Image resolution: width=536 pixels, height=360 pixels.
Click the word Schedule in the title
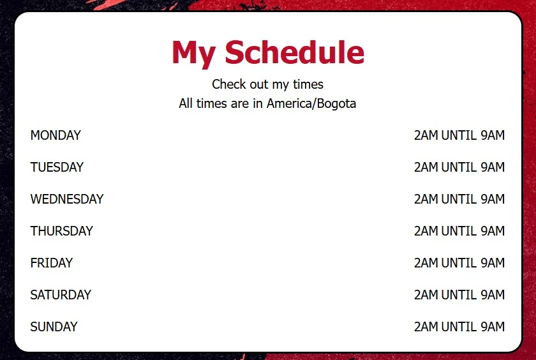pos(295,52)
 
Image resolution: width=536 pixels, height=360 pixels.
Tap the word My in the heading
pos(193,54)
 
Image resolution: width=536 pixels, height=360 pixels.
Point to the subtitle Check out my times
pos(267,84)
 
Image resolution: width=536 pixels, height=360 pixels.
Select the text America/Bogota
pos(311,103)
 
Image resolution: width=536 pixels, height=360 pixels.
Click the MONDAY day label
pos(56,135)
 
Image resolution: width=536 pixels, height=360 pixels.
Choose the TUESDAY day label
pos(57,167)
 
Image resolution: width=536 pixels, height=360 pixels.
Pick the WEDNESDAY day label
pos(67,199)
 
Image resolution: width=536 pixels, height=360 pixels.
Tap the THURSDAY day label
pos(61,231)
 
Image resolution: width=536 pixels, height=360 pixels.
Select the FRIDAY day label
pos(52,263)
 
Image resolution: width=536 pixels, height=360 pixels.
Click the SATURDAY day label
pos(61,295)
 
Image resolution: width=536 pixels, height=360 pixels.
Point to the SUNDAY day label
pos(54,327)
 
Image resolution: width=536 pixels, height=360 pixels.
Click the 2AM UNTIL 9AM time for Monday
pos(459,135)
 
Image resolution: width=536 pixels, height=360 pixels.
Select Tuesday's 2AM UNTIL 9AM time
pos(459,167)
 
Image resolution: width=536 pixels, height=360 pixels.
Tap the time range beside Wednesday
pos(459,199)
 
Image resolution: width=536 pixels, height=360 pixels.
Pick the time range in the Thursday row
pos(459,231)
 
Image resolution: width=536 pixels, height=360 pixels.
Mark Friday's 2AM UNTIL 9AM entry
pos(459,263)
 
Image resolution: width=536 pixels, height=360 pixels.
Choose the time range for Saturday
pos(459,295)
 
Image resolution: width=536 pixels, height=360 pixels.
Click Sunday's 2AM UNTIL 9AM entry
pos(459,327)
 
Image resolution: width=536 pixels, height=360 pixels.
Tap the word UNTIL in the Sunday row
pos(459,327)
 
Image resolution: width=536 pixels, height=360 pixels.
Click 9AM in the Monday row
pos(493,135)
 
